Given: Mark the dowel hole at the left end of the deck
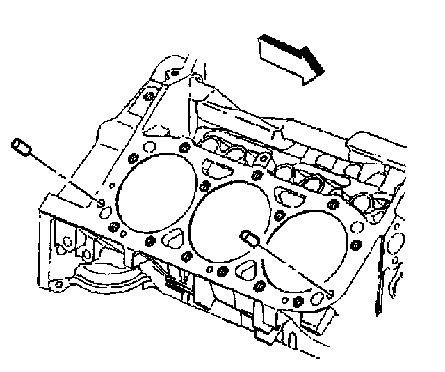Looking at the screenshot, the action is (x=102, y=203).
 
